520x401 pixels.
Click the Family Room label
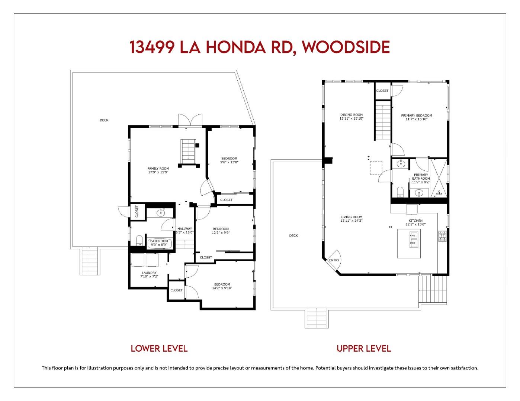(158, 170)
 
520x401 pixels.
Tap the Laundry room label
(148, 275)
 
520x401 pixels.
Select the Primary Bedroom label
(416, 117)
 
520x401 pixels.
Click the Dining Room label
(351, 117)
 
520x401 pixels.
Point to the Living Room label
(351, 219)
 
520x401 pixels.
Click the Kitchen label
(415, 222)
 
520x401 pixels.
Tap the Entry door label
(334, 260)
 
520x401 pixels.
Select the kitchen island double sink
(414, 239)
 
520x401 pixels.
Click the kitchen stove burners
(442, 236)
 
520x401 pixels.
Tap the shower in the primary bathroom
(439, 178)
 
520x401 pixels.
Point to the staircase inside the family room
(189, 151)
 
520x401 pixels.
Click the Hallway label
(184, 231)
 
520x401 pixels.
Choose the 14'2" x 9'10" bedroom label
(222, 286)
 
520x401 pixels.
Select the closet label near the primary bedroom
(382, 91)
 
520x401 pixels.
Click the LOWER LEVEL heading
(159, 349)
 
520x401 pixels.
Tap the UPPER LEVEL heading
(363, 349)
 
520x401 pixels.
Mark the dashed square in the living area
(376, 167)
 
